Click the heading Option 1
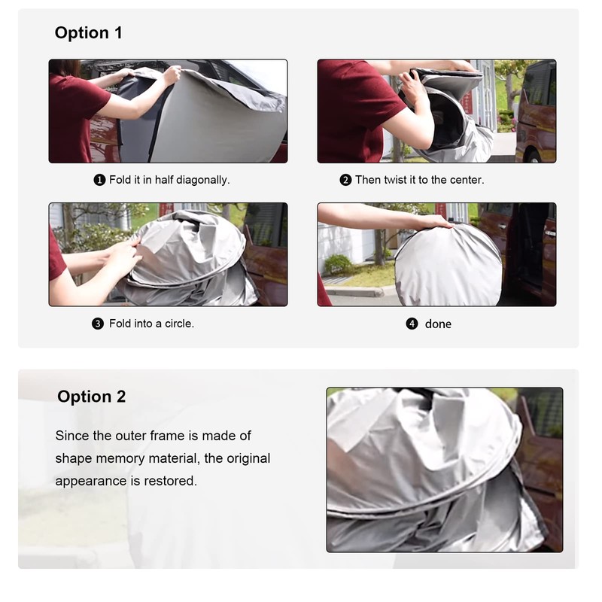[88, 32]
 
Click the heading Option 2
[91, 397]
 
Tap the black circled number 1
[99, 180]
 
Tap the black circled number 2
[345, 180]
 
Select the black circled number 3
[98, 324]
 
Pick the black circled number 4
[412, 324]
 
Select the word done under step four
[438, 324]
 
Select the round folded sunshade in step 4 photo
[448, 266]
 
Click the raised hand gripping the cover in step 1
[172, 74]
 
